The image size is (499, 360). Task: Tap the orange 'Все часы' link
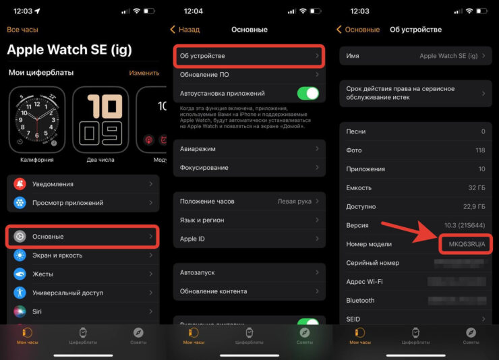[22, 30]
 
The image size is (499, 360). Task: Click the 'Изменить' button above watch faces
[144, 72]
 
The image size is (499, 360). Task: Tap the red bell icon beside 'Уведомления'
[20, 184]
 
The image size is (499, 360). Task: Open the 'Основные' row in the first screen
[83, 237]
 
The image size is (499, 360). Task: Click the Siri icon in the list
[20, 312]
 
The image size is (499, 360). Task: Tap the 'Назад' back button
[185, 30]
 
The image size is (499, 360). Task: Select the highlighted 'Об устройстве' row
[249, 55]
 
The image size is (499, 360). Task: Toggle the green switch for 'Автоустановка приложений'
[307, 94]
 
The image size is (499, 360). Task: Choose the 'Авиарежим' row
[249, 148]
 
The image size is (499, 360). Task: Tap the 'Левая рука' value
[294, 201]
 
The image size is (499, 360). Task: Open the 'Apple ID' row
[249, 239]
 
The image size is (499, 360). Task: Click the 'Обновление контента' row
[249, 291]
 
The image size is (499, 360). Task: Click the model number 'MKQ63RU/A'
[465, 244]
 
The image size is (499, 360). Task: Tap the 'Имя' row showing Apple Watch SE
[414, 56]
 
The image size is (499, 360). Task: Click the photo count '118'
[479, 150]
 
